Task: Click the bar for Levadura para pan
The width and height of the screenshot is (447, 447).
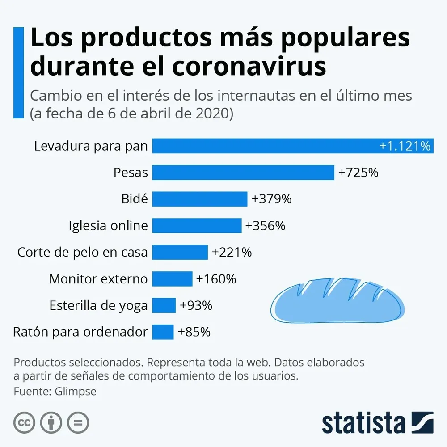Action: [264, 146]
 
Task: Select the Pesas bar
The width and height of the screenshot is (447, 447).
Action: [243, 173]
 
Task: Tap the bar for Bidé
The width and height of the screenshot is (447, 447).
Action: [200, 199]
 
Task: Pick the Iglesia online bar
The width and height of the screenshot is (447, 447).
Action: [197, 226]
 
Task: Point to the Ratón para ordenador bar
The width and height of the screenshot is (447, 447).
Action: [163, 332]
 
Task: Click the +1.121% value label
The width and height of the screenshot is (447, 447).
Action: [405, 146]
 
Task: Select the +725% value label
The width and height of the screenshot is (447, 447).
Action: [358, 173]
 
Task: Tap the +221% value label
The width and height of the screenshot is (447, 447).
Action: [232, 252]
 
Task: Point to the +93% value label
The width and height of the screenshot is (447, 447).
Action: [196, 306]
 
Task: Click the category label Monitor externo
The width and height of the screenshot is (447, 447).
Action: [98, 279]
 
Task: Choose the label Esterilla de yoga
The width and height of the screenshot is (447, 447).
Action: [98, 306]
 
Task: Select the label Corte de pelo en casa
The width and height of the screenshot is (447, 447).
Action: [82, 252]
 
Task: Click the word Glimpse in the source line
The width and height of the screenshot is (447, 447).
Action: [76, 392]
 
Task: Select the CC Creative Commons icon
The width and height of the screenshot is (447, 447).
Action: [25, 422]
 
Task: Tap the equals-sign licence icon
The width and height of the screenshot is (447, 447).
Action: [78, 422]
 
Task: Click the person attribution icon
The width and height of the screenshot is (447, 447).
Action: [51, 422]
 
